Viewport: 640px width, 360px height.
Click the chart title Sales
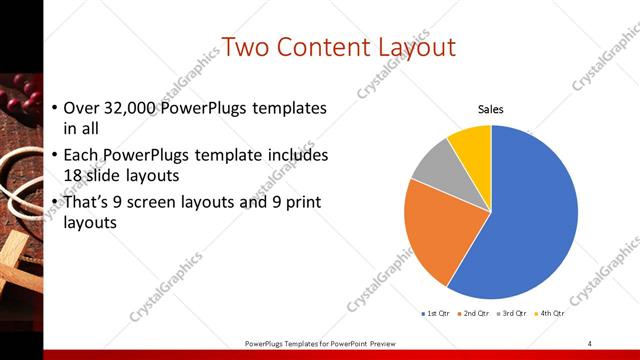pyautogui.click(x=490, y=109)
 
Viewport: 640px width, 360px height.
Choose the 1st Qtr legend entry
pyautogui.click(x=436, y=313)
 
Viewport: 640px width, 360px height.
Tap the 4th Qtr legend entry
pyautogui.click(x=549, y=313)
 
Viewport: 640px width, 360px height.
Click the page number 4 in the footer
pyautogui.click(x=589, y=343)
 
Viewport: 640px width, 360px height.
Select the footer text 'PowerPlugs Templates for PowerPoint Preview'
pyautogui.click(x=321, y=343)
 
